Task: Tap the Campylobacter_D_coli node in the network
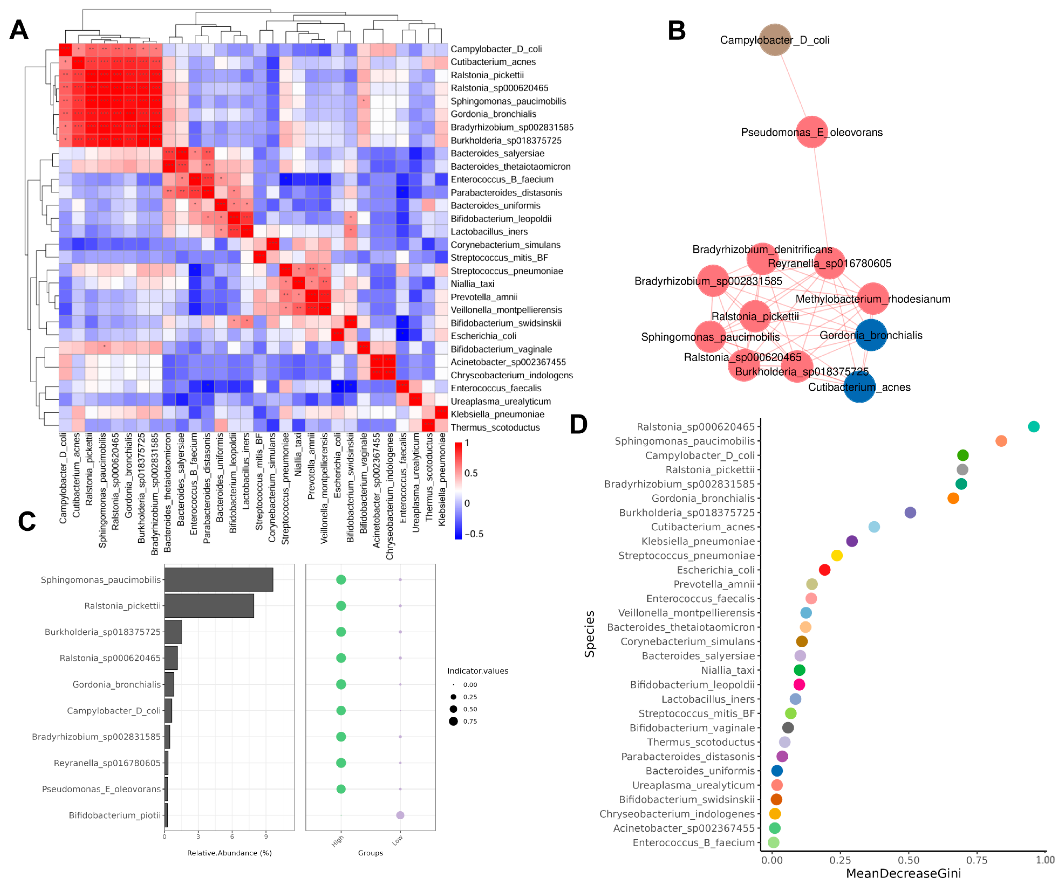pyautogui.click(x=774, y=39)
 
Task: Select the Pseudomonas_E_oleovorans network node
pyautogui.click(x=812, y=132)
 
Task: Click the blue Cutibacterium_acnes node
pyautogui.click(x=859, y=387)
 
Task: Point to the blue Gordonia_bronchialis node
pyautogui.click(x=871, y=335)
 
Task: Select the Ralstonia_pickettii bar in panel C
pyautogui.click(x=209, y=606)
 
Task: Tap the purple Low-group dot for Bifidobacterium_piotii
pyautogui.click(x=400, y=815)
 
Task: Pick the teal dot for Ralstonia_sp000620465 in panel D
pyautogui.click(x=1034, y=427)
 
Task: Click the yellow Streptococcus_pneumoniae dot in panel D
pyautogui.click(x=837, y=556)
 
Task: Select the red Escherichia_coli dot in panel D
pyautogui.click(x=824, y=570)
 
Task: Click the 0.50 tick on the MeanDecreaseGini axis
pyautogui.click(x=909, y=860)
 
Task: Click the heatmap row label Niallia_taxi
pyautogui.click(x=472, y=284)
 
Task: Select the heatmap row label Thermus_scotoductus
pyautogui.click(x=495, y=428)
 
